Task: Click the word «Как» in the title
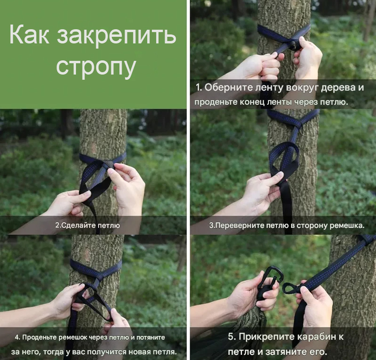coord(29,35)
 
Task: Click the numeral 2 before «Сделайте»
coord(57,226)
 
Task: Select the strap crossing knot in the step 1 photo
coord(294,45)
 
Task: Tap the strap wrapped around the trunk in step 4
coord(96,268)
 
